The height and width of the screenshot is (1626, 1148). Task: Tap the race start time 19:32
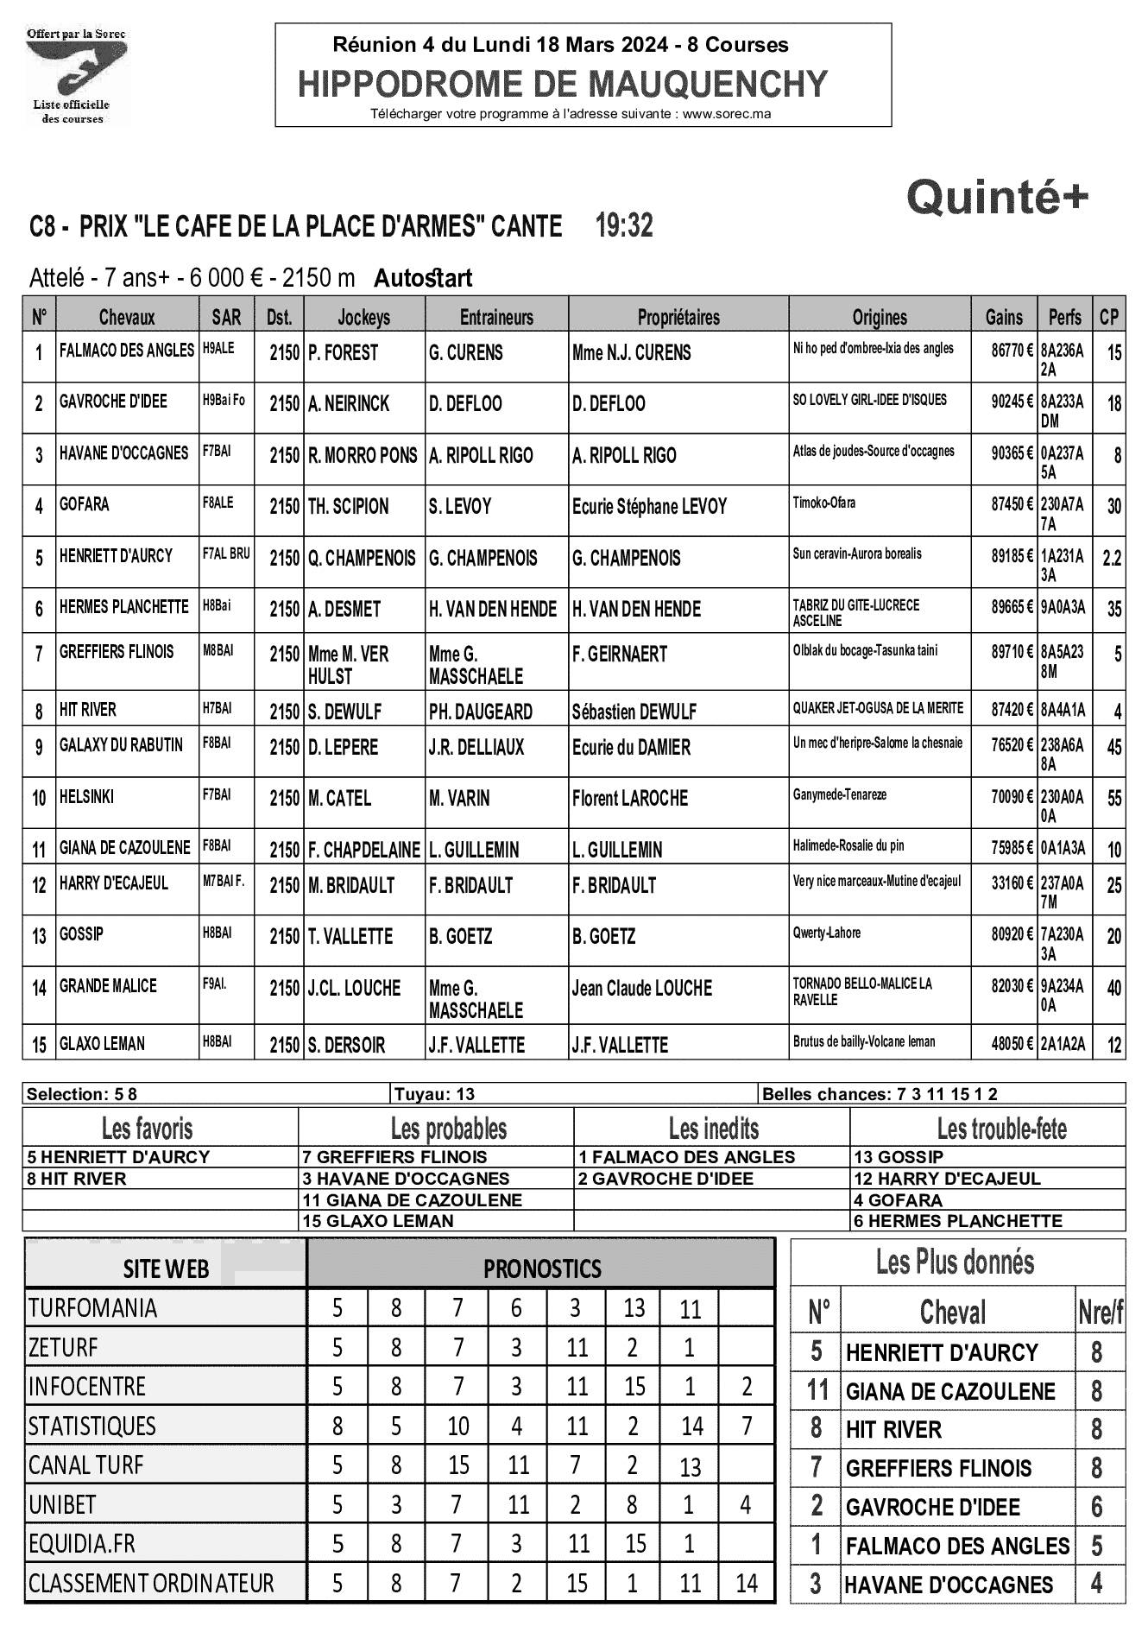624,226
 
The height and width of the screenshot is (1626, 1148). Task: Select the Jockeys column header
363,318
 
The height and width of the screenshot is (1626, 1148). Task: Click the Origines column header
880,318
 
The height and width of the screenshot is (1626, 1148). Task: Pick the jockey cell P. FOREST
344,353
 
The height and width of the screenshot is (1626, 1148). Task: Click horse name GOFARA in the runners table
85,504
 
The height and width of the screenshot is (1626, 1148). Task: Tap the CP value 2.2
1112,558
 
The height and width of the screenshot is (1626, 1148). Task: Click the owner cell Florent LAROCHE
629,799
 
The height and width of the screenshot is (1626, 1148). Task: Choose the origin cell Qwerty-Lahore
826,933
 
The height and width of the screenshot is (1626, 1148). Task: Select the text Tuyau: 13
434,1095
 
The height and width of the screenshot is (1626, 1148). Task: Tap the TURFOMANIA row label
92,1308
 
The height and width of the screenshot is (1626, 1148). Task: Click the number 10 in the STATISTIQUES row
458,1426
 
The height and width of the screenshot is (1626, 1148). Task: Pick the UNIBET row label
62,1505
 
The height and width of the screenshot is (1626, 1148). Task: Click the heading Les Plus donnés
955,1262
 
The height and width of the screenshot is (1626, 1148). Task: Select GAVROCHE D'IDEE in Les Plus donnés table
932,1508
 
